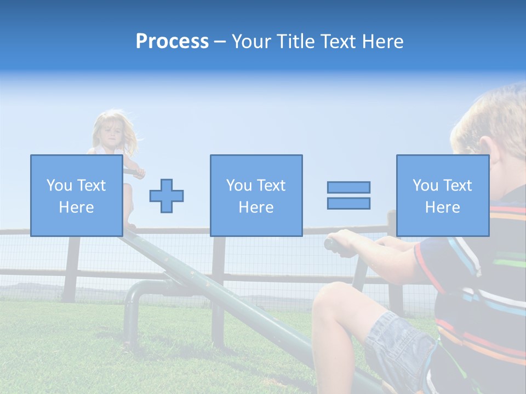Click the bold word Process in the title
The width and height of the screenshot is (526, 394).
(172, 41)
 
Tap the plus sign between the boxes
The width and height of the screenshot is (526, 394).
(167, 195)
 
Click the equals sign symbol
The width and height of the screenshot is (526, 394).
(348, 195)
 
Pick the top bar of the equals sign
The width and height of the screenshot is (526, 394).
(348, 187)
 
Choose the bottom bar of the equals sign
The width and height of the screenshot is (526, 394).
(348, 204)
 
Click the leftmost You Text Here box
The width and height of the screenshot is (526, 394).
(76, 195)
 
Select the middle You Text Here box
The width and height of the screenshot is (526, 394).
(256, 195)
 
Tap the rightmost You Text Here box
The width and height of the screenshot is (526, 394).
(442, 195)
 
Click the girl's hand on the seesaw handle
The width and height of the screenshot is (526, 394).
(138, 172)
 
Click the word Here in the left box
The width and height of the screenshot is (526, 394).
(76, 207)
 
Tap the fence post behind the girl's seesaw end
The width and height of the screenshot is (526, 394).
(71, 268)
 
